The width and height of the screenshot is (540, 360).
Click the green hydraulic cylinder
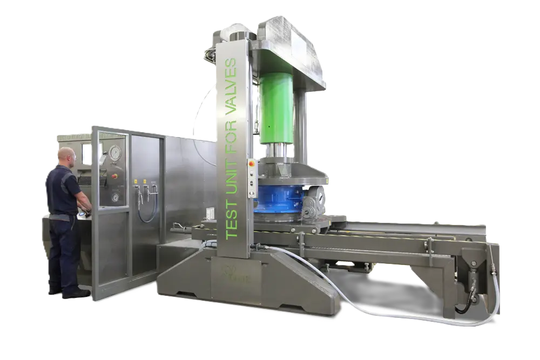pos(276,108)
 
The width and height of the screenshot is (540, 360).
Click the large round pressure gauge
pos(115,153)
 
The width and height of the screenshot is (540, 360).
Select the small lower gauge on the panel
pos(116,197)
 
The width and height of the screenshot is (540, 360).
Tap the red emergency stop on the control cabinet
pos(114,176)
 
